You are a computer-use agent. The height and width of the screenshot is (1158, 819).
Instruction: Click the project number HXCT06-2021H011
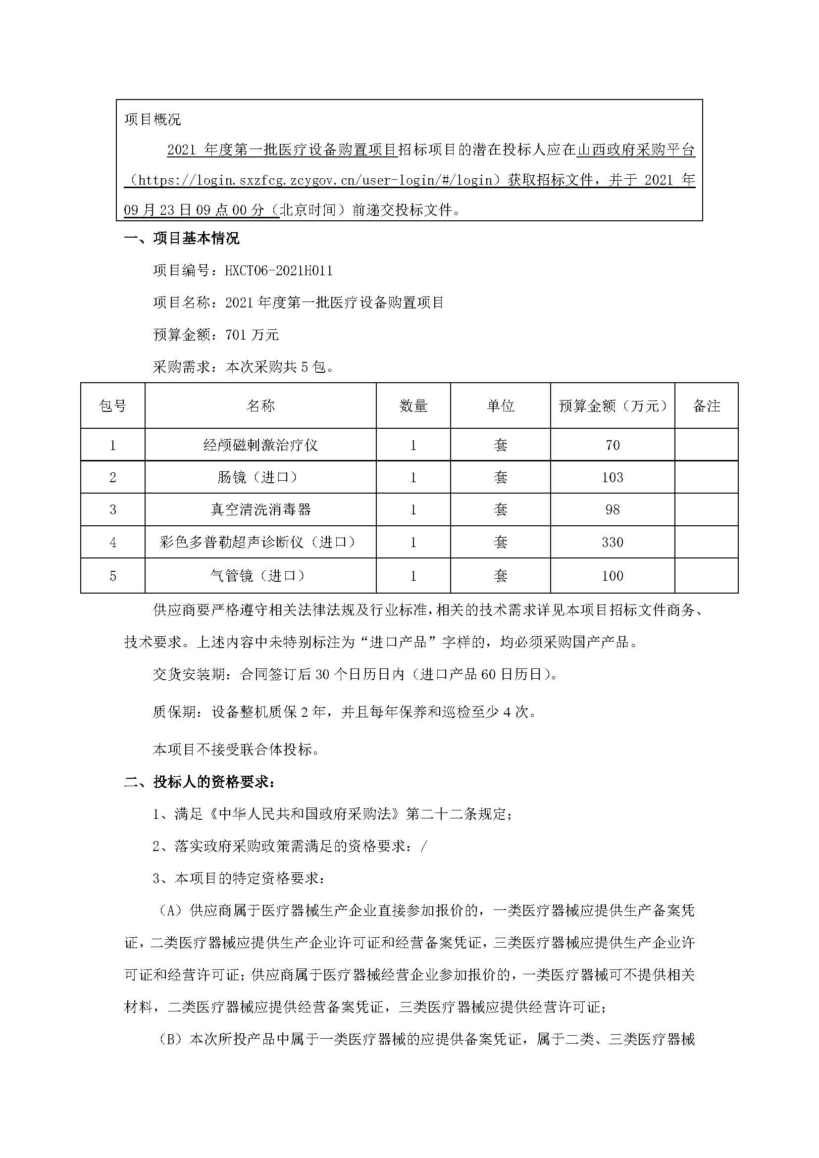pyautogui.click(x=278, y=271)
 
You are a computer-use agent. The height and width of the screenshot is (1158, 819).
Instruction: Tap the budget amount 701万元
pyautogui.click(x=252, y=335)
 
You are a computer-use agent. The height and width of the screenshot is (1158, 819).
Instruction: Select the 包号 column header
pyautogui.click(x=112, y=406)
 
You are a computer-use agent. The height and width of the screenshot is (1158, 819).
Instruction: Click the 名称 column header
pyautogui.click(x=260, y=406)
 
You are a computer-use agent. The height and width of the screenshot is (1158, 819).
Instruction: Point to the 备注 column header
pyautogui.click(x=706, y=406)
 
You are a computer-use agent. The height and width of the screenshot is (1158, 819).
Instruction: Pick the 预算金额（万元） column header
pyautogui.click(x=612, y=406)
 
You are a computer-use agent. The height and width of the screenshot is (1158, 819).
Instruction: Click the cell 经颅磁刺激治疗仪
pyautogui.click(x=260, y=445)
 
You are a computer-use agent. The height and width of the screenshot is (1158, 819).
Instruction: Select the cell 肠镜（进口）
pyautogui.click(x=260, y=477)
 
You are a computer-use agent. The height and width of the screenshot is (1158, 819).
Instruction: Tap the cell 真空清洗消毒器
pyautogui.click(x=260, y=509)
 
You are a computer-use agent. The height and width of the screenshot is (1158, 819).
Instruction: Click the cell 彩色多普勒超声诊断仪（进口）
pyautogui.click(x=260, y=542)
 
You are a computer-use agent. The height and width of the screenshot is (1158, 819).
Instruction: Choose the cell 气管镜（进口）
pyautogui.click(x=260, y=575)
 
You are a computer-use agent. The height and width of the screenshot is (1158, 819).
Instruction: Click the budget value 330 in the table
pyautogui.click(x=612, y=542)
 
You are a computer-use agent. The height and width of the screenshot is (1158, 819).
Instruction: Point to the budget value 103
pyautogui.click(x=612, y=477)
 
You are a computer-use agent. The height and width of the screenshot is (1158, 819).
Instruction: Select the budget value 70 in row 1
pyautogui.click(x=612, y=445)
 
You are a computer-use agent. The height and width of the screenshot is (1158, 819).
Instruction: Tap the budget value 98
pyautogui.click(x=612, y=509)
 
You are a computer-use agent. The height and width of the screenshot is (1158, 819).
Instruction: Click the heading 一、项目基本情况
pyautogui.click(x=182, y=239)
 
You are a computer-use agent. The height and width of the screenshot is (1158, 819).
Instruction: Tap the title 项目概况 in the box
pyautogui.click(x=153, y=119)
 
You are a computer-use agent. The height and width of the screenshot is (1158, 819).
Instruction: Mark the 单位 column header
pyautogui.click(x=500, y=406)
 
